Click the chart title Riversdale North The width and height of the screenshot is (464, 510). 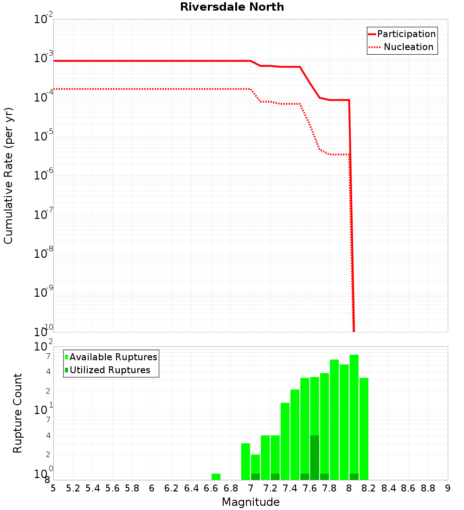coord(232,7)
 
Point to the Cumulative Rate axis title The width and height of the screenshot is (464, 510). coord(8,175)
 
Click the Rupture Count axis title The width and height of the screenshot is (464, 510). coord(18,413)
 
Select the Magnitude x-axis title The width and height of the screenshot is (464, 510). coord(251,502)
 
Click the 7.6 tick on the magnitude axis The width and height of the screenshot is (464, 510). coord(309,488)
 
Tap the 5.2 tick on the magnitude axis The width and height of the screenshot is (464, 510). coord(73,488)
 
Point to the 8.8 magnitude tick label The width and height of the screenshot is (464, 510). coord(428,488)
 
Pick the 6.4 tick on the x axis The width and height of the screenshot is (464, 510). coord(191,488)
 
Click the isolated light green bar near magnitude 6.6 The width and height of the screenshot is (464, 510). coord(216,477)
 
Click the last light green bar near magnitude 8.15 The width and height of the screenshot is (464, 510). coord(364,429)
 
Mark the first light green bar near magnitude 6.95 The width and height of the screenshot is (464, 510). coord(245,461)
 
